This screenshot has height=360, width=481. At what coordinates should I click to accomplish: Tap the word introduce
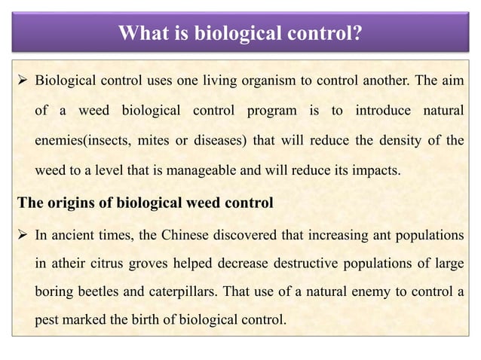pos(365,111)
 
